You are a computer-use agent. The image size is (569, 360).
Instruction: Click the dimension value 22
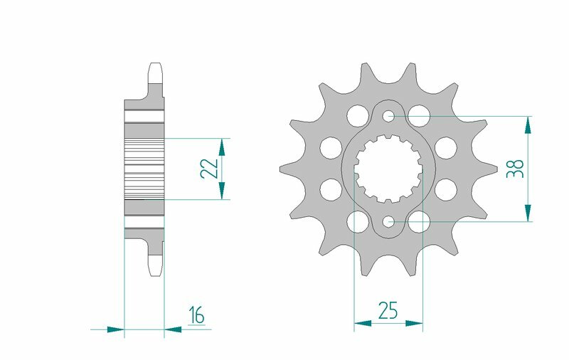pyautogui.click(x=208, y=169)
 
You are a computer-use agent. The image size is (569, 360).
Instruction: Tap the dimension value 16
pyautogui.click(x=196, y=314)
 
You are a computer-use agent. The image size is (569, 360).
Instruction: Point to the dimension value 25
pyautogui.click(x=388, y=310)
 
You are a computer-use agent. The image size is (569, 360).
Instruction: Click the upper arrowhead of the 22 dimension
pyautogui.click(x=222, y=147)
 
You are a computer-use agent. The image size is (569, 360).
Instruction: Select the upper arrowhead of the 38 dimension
pyautogui.click(x=528, y=125)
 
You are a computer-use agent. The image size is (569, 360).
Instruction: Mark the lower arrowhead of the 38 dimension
pyautogui.click(x=528, y=213)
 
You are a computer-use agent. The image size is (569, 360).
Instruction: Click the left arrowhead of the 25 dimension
pyautogui.click(x=363, y=324)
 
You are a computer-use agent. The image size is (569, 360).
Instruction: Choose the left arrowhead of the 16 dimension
pyautogui.click(x=115, y=329)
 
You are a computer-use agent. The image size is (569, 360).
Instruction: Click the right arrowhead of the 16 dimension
pyautogui.click(x=173, y=329)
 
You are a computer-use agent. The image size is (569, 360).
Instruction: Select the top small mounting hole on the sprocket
pyautogui.click(x=388, y=116)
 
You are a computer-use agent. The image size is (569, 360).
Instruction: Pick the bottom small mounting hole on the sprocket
pyautogui.click(x=388, y=222)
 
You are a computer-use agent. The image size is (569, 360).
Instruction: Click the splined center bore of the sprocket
pyautogui.click(x=388, y=169)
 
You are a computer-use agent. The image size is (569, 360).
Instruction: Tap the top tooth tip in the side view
pyautogui.click(x=155, y=70)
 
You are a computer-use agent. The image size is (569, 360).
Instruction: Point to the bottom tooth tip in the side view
pyautogui.click(x=155, y=270)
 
